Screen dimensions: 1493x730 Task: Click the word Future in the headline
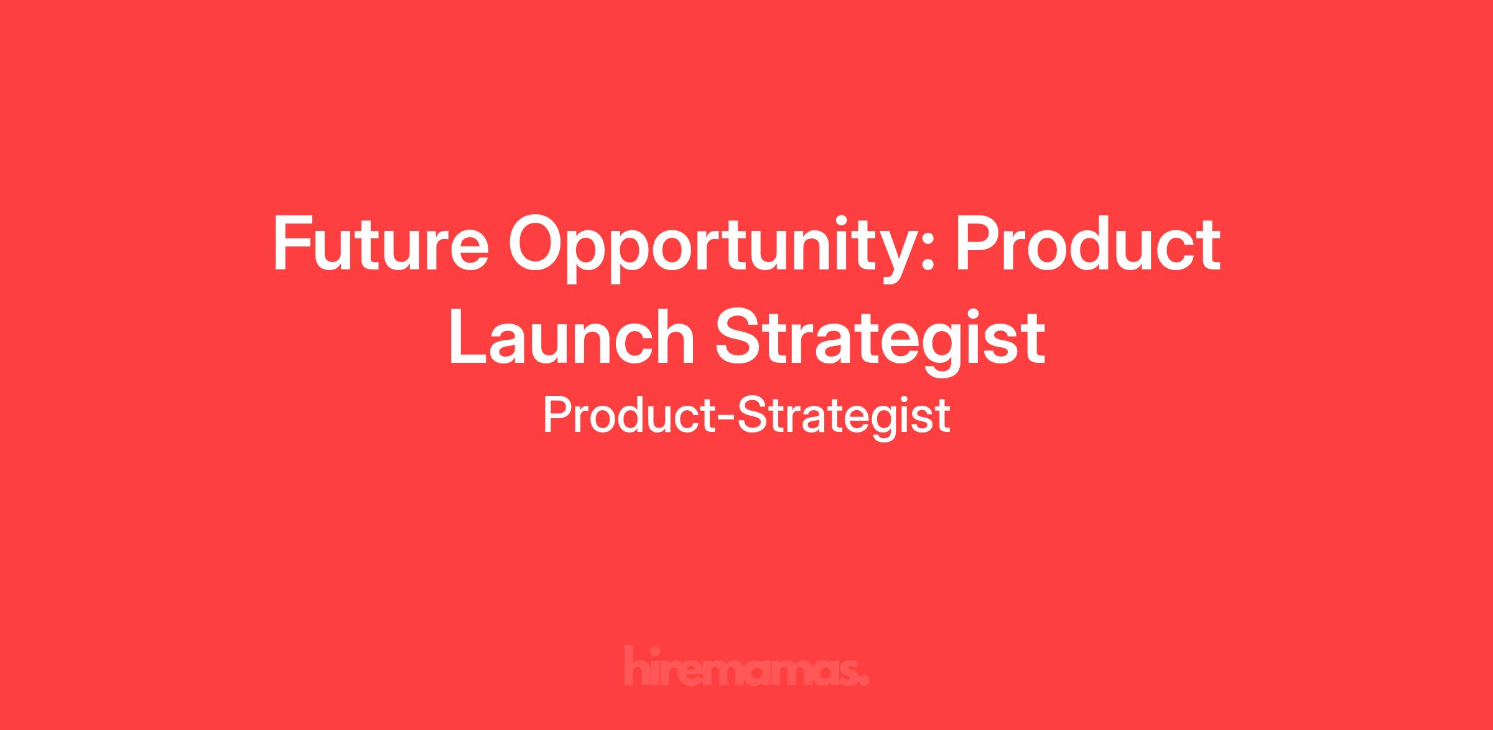[381, 243]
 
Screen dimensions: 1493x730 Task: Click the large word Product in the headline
[1088, 243]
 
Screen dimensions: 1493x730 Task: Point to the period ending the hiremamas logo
[863, 680]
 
